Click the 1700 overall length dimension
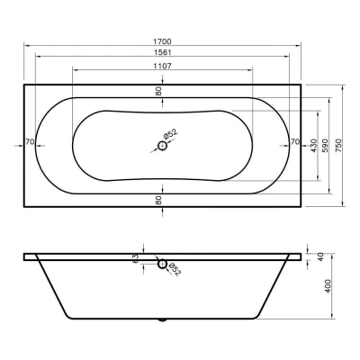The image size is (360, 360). [x=162, y=41]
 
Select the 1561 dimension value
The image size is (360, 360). [x=162, y=52]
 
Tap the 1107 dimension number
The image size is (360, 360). [x=162, y=66]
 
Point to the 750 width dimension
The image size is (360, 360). [x=338, y=146]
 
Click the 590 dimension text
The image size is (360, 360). [x=325, y=146]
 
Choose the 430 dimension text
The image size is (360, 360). [x=314, y=146]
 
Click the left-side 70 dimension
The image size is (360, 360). [x=30, y=141]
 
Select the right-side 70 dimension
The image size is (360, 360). [x=295, y=141]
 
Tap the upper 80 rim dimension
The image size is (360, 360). [x=158, y=91]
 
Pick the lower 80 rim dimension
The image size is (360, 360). [x=158, y=200]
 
